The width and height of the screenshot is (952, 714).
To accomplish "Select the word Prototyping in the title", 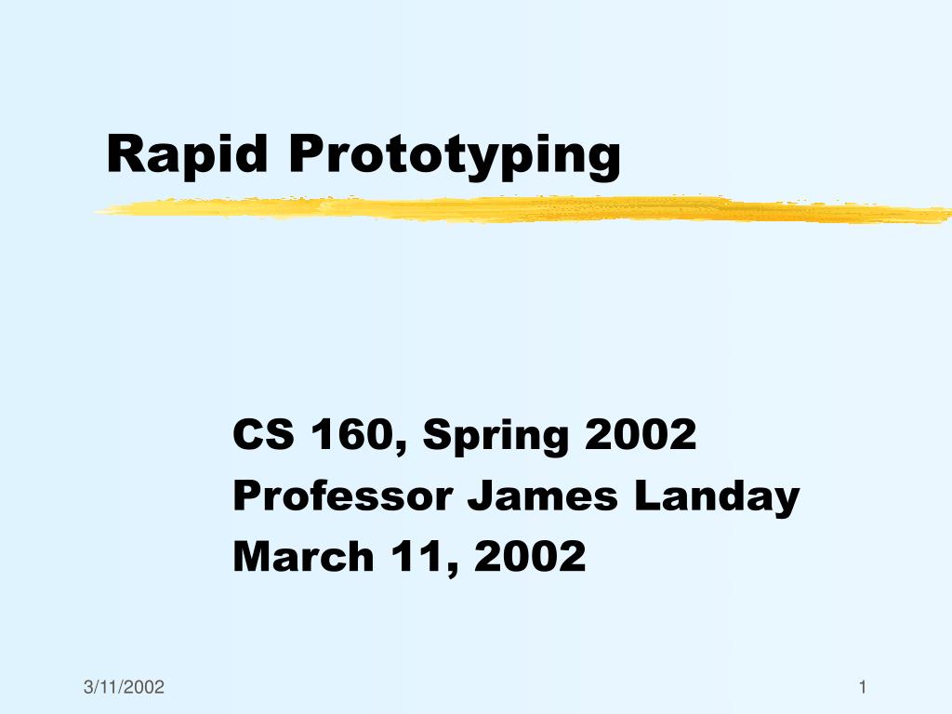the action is (x=455, y=156).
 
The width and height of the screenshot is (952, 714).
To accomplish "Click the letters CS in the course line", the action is (x=263, y=435).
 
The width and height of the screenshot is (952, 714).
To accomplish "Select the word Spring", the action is (x=496, y=437).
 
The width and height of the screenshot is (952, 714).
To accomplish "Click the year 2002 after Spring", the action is (x=641, y=435).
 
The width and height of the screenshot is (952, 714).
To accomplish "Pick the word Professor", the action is (x=343, y=496).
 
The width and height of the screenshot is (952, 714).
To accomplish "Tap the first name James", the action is (x=543, y=496).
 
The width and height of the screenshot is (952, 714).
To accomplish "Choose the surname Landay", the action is (x=717, y=498).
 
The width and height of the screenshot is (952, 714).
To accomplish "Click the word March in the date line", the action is (x=303, y=556).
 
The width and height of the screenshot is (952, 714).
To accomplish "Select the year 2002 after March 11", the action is (x=530, y=556).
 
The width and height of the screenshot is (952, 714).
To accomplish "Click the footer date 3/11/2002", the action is (x=124, y=687).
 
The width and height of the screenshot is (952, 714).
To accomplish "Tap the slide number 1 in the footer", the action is (x=863, y=687).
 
